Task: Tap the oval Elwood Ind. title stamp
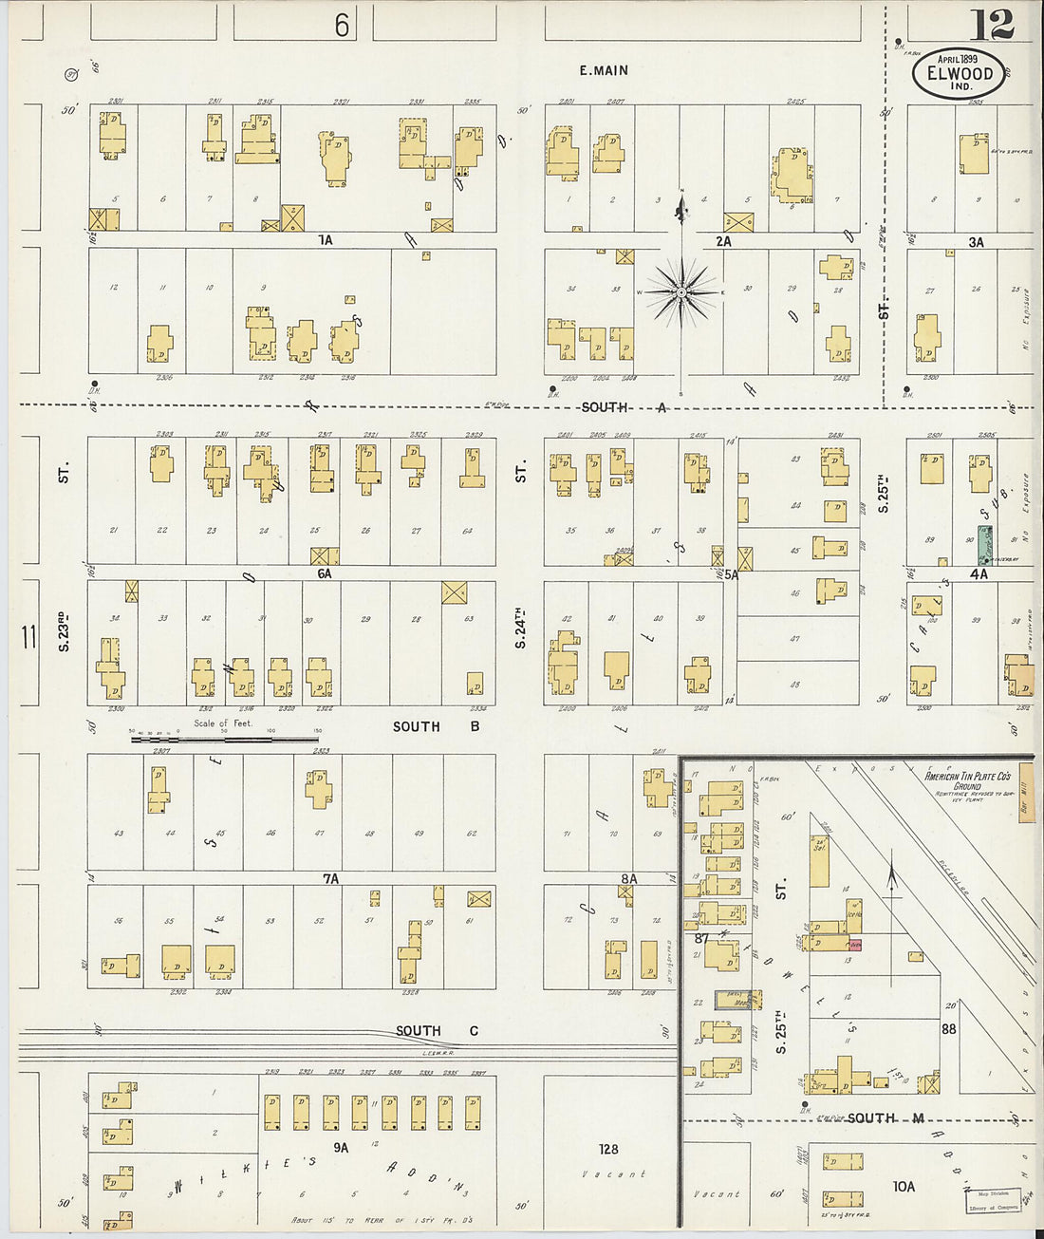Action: (x=959, y=72)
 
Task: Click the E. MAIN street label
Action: (x=604, y=70)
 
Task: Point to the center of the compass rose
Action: (x=680, y=292)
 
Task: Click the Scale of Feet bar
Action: (x=224, y=738)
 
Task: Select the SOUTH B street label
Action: (x=436, y=726)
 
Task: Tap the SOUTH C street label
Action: (x=437, y=1031)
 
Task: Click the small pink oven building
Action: (x=855, y=944)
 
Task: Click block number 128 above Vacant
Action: (x=608, y=1149)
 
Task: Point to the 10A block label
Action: (x=904, y=1186)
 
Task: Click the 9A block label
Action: (x=341, y=1147)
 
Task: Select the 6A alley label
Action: (x=325, y=573)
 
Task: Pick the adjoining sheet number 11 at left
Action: (x=28, y=637)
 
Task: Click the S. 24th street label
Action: (x=520, y=629)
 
